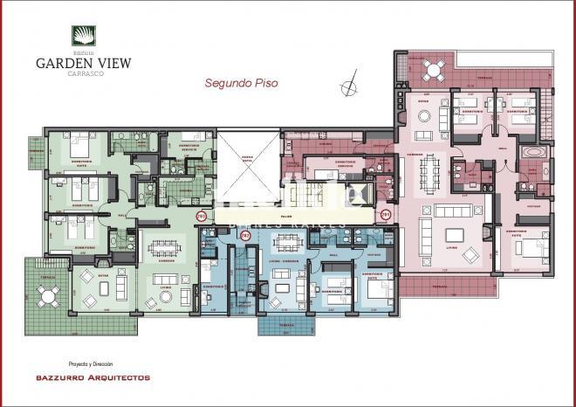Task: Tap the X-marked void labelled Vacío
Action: click(x=247, y=165)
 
